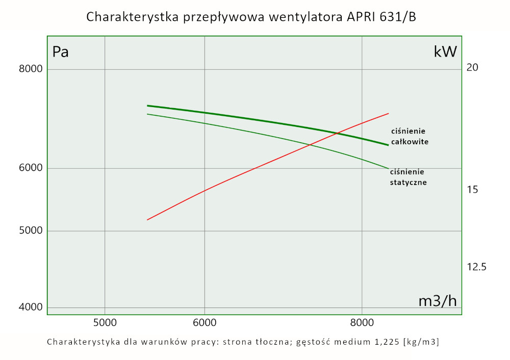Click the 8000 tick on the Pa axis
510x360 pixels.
pos(31,69)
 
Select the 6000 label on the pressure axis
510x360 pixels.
pos(31,168)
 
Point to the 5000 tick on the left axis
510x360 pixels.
pos(31,231)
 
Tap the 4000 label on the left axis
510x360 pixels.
pos(31,307)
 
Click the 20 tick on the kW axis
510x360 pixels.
pos(472,68)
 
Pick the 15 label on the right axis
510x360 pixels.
pos(472,190)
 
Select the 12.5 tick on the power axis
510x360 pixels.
pos(476,267)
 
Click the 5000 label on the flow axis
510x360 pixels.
pos(104,322)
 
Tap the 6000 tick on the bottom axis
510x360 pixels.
pos(204,322)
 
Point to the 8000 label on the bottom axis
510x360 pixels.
pos(362,322)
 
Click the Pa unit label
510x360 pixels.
pos(61,52)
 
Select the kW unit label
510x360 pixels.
pos(445,52)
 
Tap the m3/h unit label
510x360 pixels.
pos(438,301)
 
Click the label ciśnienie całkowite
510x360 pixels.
pos(410,136)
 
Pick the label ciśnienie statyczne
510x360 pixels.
pos(408,177)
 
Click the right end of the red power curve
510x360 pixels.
pos(389,114)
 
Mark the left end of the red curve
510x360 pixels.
pos(147,220)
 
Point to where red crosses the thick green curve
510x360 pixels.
pos(338,134)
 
